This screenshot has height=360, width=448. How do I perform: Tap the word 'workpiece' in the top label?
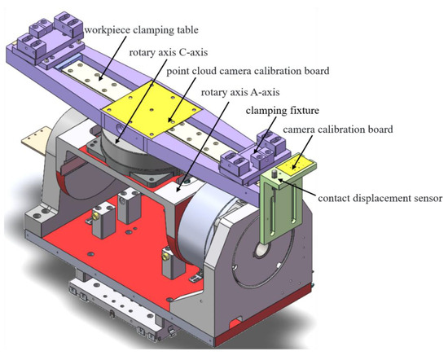coord(107,33)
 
